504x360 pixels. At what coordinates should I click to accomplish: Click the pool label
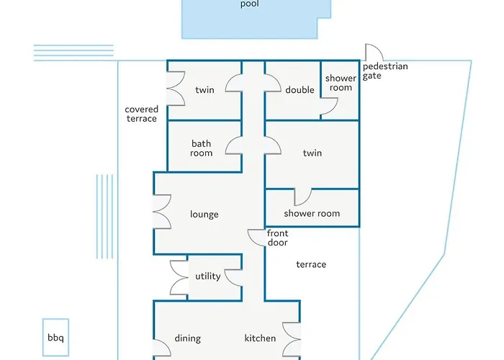pyautogui.click(x=249, y=4)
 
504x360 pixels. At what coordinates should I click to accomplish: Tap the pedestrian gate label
pyautogui.click(x=385, y=71)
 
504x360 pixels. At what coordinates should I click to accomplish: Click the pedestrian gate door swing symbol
pyautogui.click(x=374, y=53)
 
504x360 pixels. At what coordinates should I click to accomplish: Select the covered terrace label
pyautogui.click(x=141, y=114)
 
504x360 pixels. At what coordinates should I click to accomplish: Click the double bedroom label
pyautogui.click(x=300, y=90)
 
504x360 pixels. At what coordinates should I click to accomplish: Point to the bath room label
pyautogui.click(x=202, y=148)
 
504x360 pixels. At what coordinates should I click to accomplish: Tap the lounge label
pyautogui.click(x=204, y=215)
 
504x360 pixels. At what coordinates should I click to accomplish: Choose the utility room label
pyautogui.click(x=208, y=276)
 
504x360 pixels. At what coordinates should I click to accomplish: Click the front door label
pyautogui.click(x=277, y=238)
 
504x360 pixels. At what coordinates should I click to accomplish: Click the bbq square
pyautogui.click(x=55, y=337)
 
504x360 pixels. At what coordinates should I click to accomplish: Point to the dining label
pyautogui.click(x=188, y=338)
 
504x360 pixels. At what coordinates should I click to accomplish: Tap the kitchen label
pyautogui.click(x=260, y=338)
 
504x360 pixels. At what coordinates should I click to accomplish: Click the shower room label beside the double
pyautogui.click(x=341, y=84)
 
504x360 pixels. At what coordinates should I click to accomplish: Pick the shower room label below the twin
pyautogui.click(x=312, y=214)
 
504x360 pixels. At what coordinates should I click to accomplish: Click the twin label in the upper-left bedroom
pyautogui.click(x=205, y=90)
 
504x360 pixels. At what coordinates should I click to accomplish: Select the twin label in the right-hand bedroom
pyautogui.click(x=312, y=153)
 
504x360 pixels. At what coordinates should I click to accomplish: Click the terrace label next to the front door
pyautogui.click(x=311, y=265)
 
